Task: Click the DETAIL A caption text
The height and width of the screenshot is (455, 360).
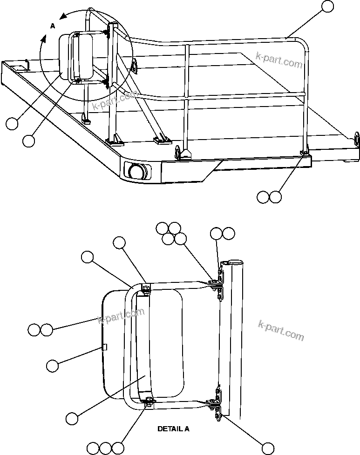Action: click(x=173, y=429)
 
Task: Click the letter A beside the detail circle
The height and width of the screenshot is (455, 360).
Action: click(x=53, y=27)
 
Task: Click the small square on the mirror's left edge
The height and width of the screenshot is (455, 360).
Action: click(x=105, y=347)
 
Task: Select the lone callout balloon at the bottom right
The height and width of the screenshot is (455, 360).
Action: click(x=267, y=448)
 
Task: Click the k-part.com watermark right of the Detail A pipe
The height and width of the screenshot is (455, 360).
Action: click(x=280, y=329)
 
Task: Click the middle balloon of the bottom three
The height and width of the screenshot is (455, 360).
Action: click(x=106, y=448)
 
